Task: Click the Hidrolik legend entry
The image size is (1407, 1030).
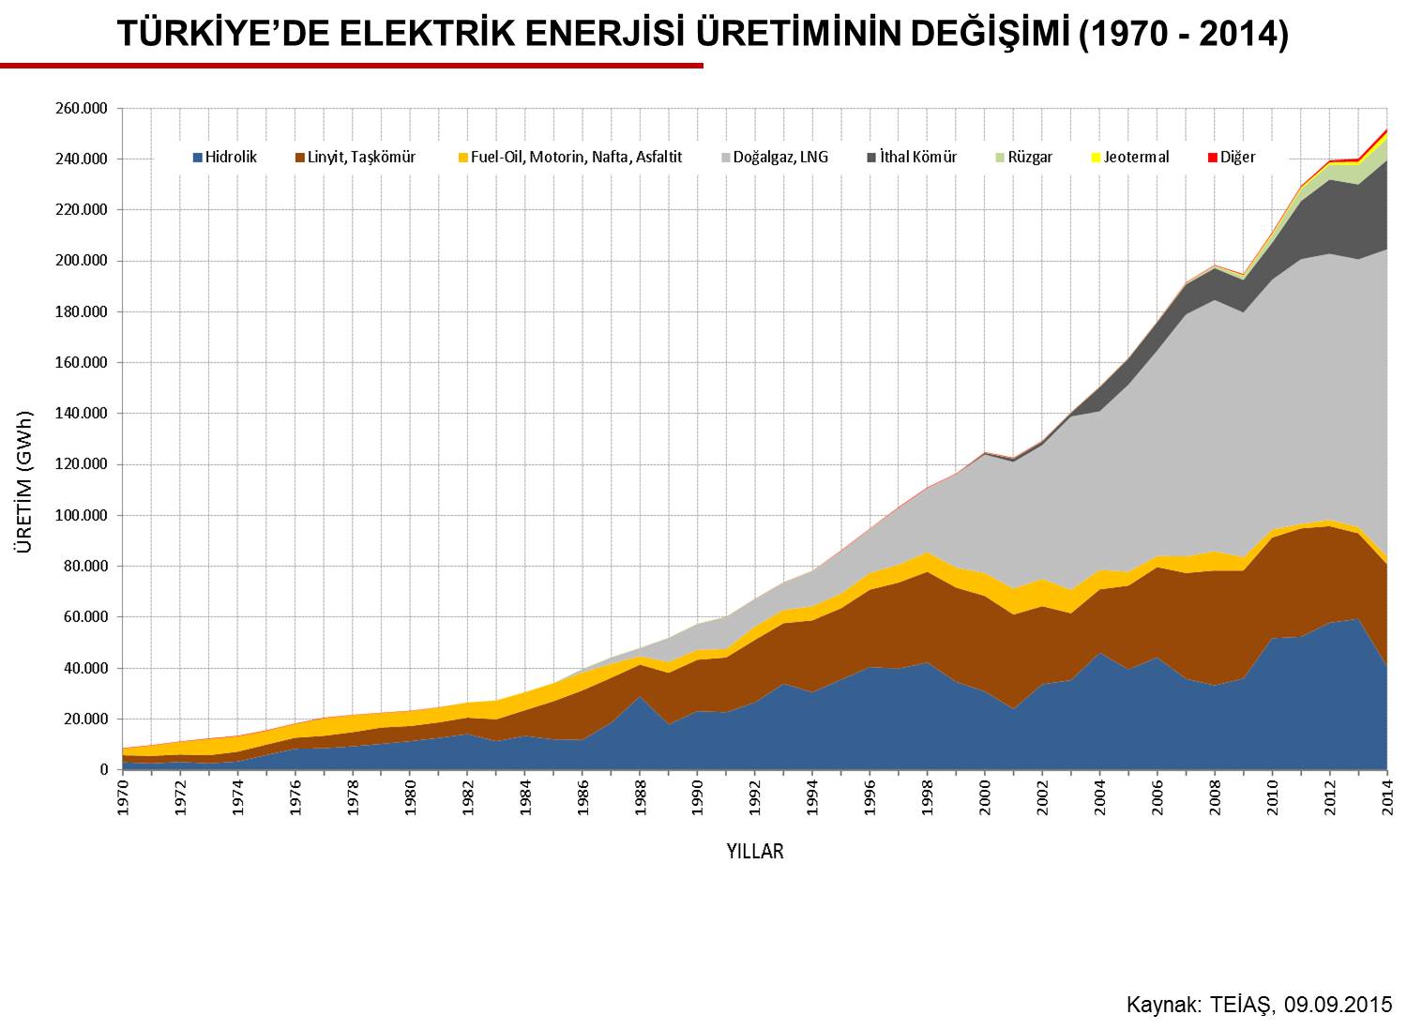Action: pos(225,157)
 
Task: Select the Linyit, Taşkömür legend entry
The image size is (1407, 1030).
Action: pos(355,157)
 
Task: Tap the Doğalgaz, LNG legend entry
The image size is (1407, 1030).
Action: pos(775,157)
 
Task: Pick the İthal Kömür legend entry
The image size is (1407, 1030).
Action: pos(912,157)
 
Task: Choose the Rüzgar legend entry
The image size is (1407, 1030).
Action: pos(1024,157)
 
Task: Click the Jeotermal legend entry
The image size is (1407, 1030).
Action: pos(1130,157)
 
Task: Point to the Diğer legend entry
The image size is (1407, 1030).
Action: pos(1231,157)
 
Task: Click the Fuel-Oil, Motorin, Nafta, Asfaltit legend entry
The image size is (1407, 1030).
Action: pos(570,157)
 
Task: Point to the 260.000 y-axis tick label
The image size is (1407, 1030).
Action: pos(82,109)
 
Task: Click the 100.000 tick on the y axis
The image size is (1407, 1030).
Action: pos(82,516)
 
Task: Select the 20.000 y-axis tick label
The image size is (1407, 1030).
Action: pos(84,719)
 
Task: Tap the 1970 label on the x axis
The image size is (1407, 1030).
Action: pos(123,797)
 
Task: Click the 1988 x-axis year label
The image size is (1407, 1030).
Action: pos(640,797)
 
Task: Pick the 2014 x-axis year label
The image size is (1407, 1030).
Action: pos(1387,797)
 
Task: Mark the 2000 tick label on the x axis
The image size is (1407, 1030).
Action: pos(985,797)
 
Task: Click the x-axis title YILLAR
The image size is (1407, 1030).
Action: pos(755,852)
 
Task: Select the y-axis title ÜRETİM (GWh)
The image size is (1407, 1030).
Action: pos(23,482)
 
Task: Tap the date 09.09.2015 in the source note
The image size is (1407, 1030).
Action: pos(1338,1005)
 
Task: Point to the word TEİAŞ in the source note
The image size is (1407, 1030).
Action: pos(1242,1006)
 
